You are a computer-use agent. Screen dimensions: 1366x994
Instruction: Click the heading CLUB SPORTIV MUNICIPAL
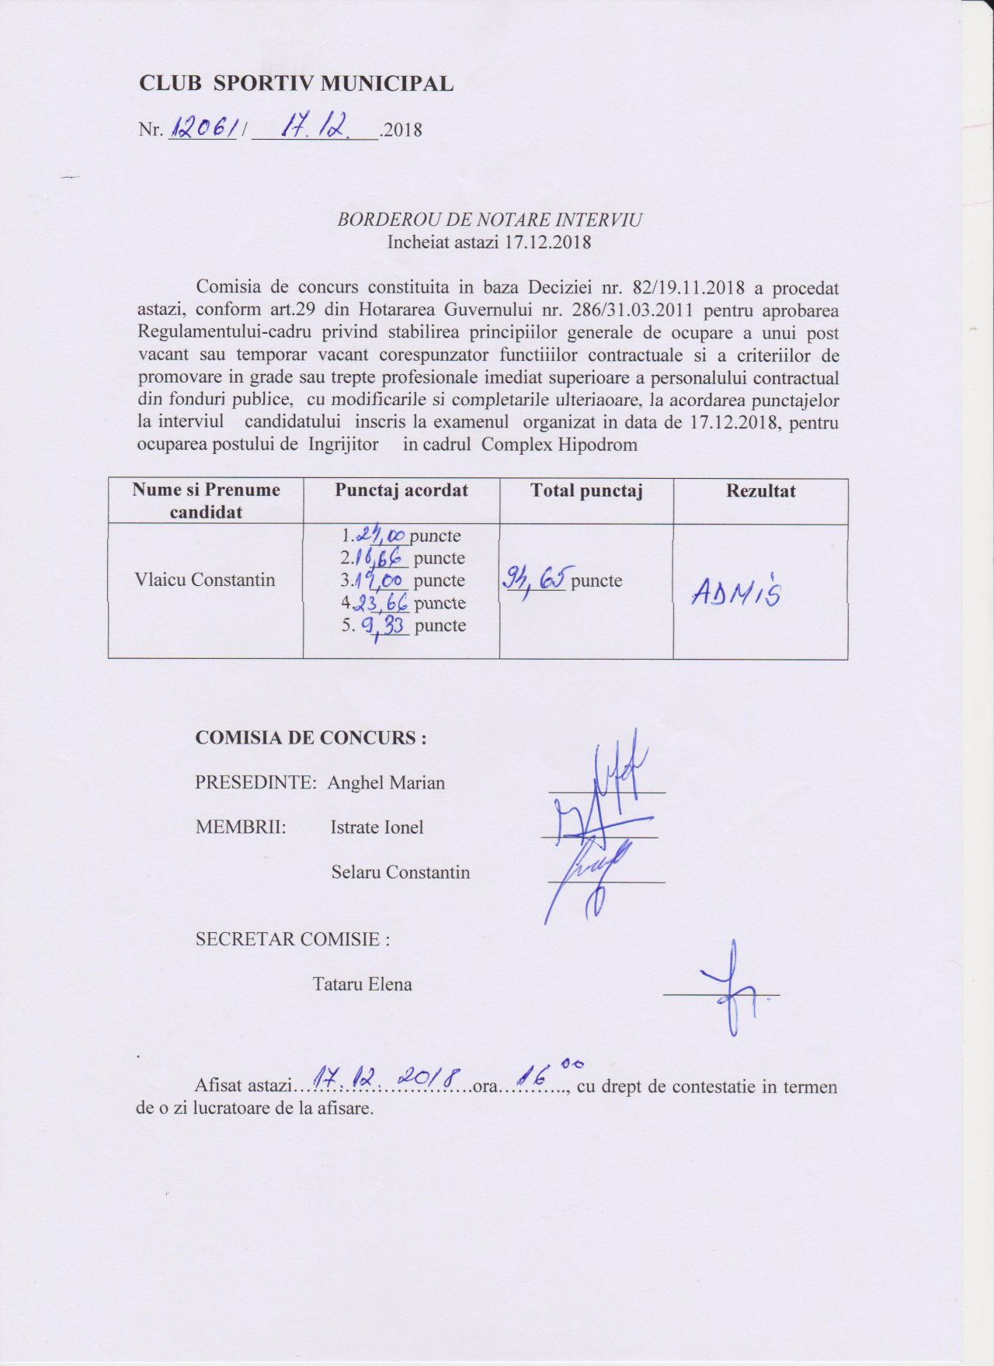[296, 84]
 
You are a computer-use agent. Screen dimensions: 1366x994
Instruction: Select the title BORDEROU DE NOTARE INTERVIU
[489, 220]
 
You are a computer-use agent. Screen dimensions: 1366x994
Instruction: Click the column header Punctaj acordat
[401, 491]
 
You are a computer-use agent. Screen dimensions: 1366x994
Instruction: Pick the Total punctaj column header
[586, 491]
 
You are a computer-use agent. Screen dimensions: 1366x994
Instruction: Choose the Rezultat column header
[760, 491]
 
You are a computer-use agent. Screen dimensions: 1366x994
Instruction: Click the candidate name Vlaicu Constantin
[205, 580]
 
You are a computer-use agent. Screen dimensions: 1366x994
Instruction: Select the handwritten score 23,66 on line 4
[381, 603]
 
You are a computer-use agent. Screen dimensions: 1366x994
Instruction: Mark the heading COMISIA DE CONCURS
[311, 737]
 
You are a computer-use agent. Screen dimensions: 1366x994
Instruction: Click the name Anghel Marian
[386, 782]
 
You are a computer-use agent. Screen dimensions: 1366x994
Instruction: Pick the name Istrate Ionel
[377, 827]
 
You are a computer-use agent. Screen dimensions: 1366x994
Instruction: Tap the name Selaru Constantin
[400, 872]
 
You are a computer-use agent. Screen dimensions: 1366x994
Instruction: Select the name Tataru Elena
[362, 984]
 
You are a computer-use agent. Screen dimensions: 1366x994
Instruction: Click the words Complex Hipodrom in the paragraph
[559, 445]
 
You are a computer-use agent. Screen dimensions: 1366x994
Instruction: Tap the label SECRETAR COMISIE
[292, 939]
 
